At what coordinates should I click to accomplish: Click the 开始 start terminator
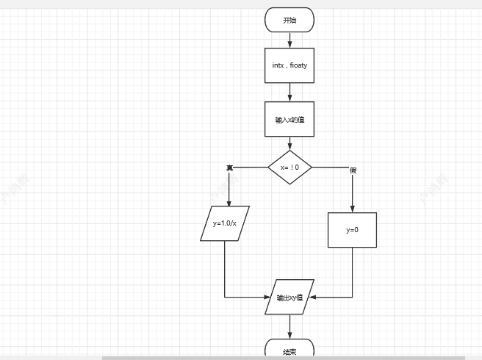click(289, 21)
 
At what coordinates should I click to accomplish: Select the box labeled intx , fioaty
click(289, 65)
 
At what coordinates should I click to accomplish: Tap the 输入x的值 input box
click(289, 119)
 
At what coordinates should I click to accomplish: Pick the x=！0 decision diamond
click(289, 168)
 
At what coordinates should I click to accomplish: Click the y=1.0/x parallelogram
click(225, 223)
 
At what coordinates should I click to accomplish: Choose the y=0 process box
click(352, 230)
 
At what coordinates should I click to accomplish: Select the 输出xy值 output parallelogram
click(289, 298)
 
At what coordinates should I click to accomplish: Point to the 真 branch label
click(229, 168)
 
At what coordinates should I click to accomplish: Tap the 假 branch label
click(353, 170)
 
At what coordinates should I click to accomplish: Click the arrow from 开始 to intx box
click(289, 40)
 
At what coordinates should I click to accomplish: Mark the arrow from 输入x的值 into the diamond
click(289, 144)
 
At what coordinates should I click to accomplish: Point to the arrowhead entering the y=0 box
click(353, 209)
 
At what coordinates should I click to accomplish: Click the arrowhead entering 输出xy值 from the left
click(270, 298)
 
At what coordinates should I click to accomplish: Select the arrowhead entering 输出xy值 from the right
click(312, 298)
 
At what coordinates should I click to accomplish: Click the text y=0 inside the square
click(352, 230)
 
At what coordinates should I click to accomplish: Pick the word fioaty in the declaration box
click(298, 65)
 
